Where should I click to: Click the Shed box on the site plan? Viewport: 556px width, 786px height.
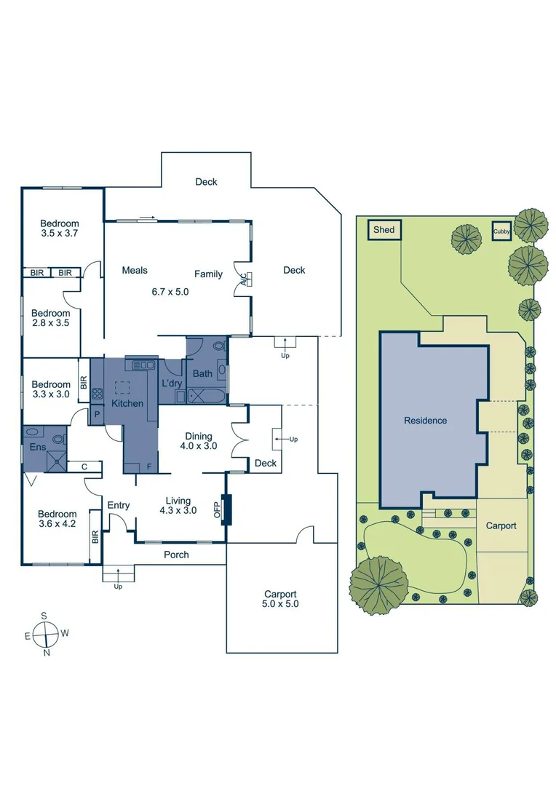tap(384, 230)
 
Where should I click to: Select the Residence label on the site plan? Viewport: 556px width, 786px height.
tap(426, 421)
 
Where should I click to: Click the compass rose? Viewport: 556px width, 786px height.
tap(47, 634)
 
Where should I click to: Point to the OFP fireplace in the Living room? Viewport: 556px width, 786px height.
tap(225, 509)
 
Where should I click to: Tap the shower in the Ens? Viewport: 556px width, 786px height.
tap(55, 457)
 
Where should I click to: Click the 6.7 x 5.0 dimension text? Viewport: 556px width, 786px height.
tap(170, 291)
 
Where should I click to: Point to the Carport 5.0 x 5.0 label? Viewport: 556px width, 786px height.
tap(280, 599)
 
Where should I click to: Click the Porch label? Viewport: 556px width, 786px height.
tap(176, 555)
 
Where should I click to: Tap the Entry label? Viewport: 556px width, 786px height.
tap(119, 505)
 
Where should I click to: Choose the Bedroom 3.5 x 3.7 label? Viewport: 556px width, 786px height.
tap(60, 229)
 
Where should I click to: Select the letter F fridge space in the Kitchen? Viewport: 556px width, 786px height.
tap(148, 467)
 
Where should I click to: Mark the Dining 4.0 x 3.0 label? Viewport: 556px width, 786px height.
tap(199, 441)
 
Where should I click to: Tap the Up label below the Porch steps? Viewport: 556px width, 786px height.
tap(119, 586)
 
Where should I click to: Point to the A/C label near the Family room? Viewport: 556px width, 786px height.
tap(244, 278)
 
